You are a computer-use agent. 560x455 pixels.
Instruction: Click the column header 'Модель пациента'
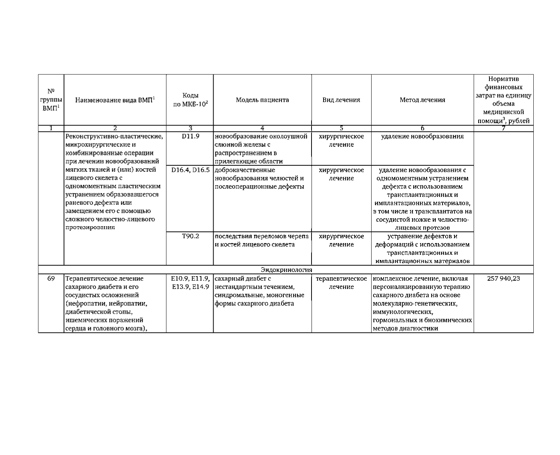tap(262, 100)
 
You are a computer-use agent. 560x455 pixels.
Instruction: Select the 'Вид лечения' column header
tap(341, 100)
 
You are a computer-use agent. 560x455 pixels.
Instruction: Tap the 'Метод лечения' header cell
tap(422, 100)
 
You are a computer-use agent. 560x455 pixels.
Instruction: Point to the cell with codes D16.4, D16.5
tap(190, 170)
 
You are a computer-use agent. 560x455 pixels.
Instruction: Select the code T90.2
tap(190, 236)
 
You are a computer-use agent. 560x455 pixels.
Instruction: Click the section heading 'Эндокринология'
tap(286, 270)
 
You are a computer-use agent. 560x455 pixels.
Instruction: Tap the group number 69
tap(51, 279)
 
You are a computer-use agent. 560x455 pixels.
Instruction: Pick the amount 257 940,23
tap(503, 279)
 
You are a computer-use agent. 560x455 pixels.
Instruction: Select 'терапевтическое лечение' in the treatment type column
tap(341, 283)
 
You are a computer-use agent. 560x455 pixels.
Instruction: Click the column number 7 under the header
tap(503, 128)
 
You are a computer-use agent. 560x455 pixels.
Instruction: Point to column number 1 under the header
tap(51, 128)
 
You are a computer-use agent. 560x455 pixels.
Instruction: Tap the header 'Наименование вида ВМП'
tap(115, 100)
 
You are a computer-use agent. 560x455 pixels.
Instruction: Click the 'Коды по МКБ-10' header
tap(190, 100)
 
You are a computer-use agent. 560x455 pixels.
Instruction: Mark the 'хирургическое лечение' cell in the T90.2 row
tap(341, 240)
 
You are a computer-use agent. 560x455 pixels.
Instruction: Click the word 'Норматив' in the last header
tap(503, 79)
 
